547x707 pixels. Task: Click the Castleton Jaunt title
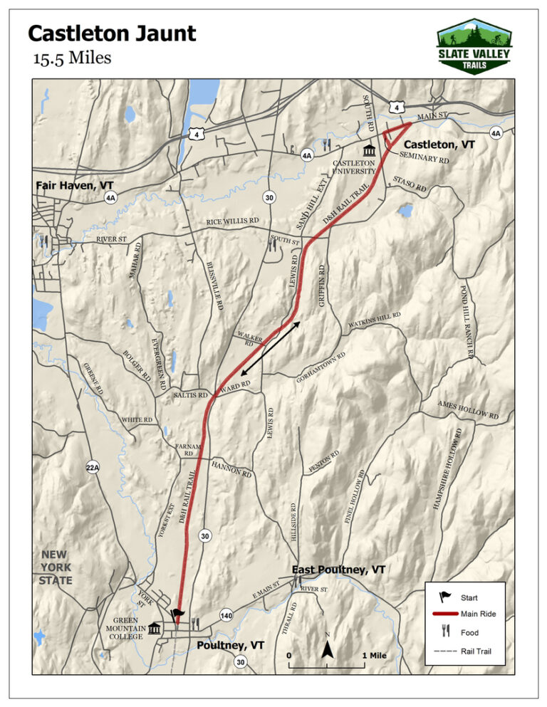(x=111, y=33)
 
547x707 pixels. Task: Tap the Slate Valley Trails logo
(x=474, y=47)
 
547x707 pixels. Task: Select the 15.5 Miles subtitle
(x=72, y=58)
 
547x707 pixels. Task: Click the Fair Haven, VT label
(x=74, y=185)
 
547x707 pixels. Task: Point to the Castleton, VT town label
(x=439, y=144)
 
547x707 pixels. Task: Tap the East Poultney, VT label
(x=339, y=570)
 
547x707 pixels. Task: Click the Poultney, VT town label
(x=231, y=644)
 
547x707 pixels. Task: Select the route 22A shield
(x=92, y=467)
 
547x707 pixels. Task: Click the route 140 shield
(x=226, y=614)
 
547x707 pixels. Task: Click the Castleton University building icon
(x=369, y=150)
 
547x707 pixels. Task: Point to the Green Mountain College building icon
(x=155, y=627)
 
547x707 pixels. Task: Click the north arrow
(x=327, y=649)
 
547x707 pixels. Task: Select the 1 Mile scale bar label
(x=374, y=655)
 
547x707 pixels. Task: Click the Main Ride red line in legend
(x=445, y=614)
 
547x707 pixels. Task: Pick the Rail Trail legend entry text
(x=475, y=651)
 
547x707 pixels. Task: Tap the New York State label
(x=56, y=567)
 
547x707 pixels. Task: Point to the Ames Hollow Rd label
(x=468, y=409)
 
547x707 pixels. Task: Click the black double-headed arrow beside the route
(x=269, y=349)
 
